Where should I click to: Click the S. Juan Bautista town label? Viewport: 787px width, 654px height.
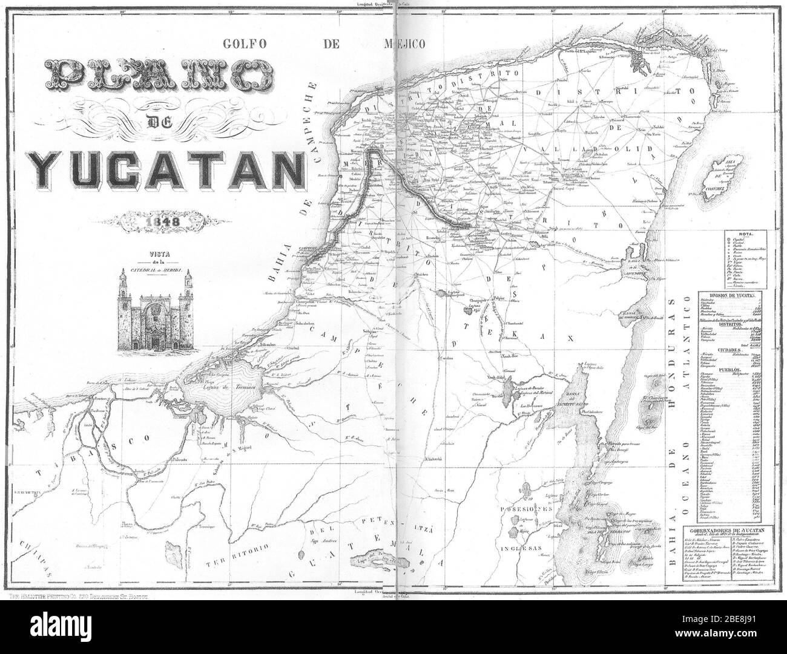click(x=24, y=493)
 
